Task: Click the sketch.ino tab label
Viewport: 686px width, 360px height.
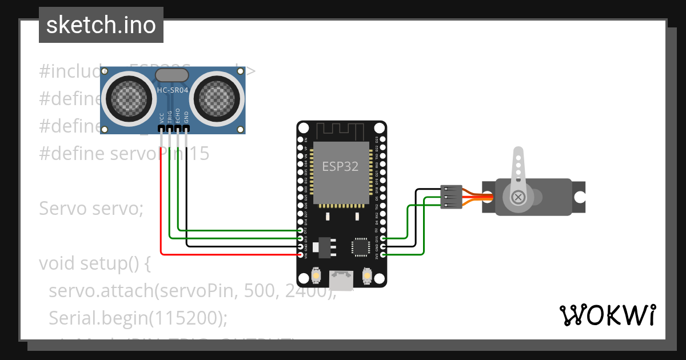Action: (x=101, y=25)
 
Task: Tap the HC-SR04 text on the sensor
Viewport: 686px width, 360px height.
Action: (x=172, y=90)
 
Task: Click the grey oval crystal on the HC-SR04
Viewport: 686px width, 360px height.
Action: (x=172, y=75)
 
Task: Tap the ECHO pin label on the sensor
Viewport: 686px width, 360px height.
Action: (x=178, y=116)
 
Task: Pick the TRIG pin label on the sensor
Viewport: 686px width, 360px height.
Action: (x=170, y=117)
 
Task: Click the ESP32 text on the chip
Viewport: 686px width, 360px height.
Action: (x=340, y=166)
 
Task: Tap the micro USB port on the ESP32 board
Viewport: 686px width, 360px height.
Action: (x=341, y=279)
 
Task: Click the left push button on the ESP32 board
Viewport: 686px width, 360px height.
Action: (x=316, y=276)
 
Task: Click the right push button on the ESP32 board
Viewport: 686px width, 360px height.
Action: (x=367, y=276)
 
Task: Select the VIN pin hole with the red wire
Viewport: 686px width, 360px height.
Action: (x=300, y=254)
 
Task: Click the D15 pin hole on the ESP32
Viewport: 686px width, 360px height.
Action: (x=383, y=238)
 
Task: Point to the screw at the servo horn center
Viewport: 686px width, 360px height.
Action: (x=518, y=197)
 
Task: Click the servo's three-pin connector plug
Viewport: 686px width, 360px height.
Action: (x=451, y=197)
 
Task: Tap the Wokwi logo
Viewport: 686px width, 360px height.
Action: (x=608, y=314)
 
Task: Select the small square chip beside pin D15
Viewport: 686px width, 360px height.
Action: (x=361, y=247)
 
